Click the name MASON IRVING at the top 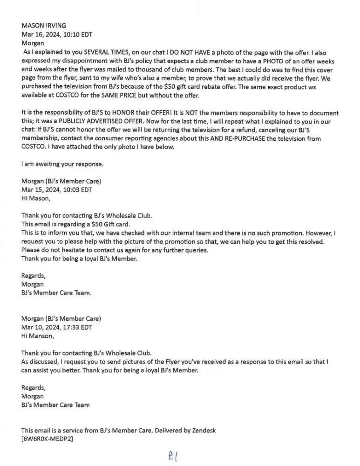[x=44, y=25]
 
